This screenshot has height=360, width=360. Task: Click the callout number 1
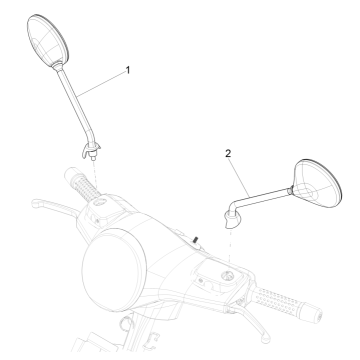pos(128,70)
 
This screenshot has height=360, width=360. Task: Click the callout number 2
pos(229,153)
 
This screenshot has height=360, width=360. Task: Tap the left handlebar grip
pos(77,187)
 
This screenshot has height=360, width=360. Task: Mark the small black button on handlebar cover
pos(196,237)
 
